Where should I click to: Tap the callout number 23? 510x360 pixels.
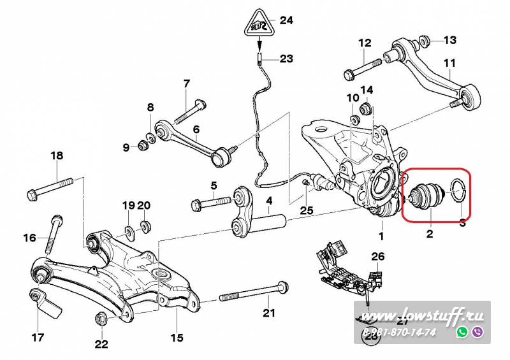pyautogui.click(x=286, y=59)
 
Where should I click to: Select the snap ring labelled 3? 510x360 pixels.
pyautogui.click(x=458, y=188)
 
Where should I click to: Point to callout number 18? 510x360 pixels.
pyautogui.click(x=57, y=155)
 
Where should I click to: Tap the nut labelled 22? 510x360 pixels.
pyautogui.click(x=101, y=318)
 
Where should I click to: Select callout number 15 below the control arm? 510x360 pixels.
pyautogui.click(x=177, y=337)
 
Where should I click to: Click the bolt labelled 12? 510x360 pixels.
pyautogui.click(x=362, y=68)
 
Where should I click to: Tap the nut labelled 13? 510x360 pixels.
pyautogui.click(x=423, y=42)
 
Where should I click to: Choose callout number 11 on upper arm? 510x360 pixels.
pyautogui.click(x=450, y=62)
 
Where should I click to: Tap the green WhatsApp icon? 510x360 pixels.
pyautogui.click(x=462, y=332)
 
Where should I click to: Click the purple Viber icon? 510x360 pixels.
pyautogui.click(x=477, y=332)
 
